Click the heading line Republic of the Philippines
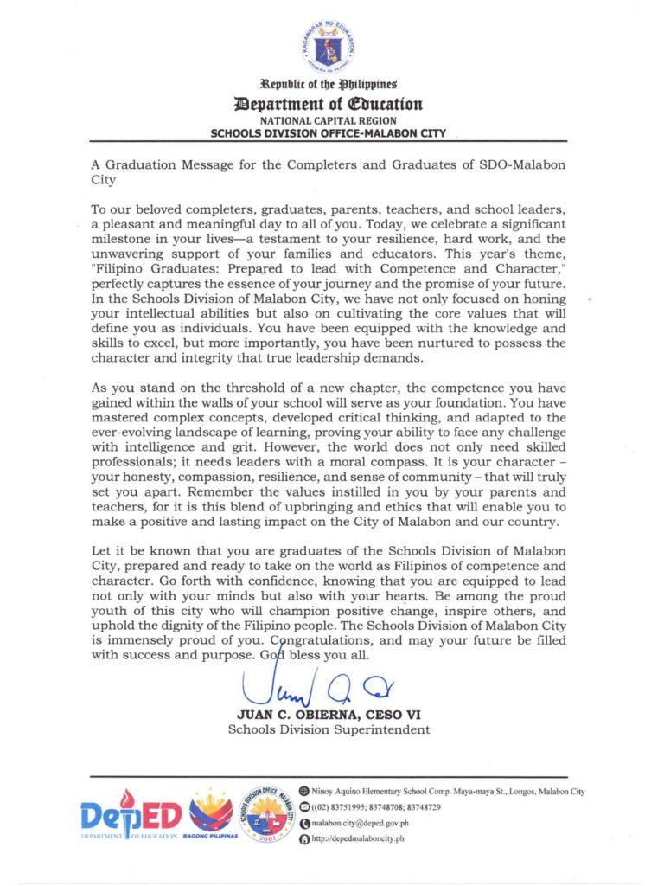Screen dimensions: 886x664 [328, 85]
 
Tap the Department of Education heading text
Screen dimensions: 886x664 [328, 104]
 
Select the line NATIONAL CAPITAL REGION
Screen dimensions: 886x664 [328, 120]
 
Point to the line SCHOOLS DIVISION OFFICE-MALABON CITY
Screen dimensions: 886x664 [328, 133]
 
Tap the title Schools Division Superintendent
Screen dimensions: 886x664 [329, 729]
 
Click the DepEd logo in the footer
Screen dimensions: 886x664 [130, 818]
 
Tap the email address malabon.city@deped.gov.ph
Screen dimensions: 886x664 [359, 822]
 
